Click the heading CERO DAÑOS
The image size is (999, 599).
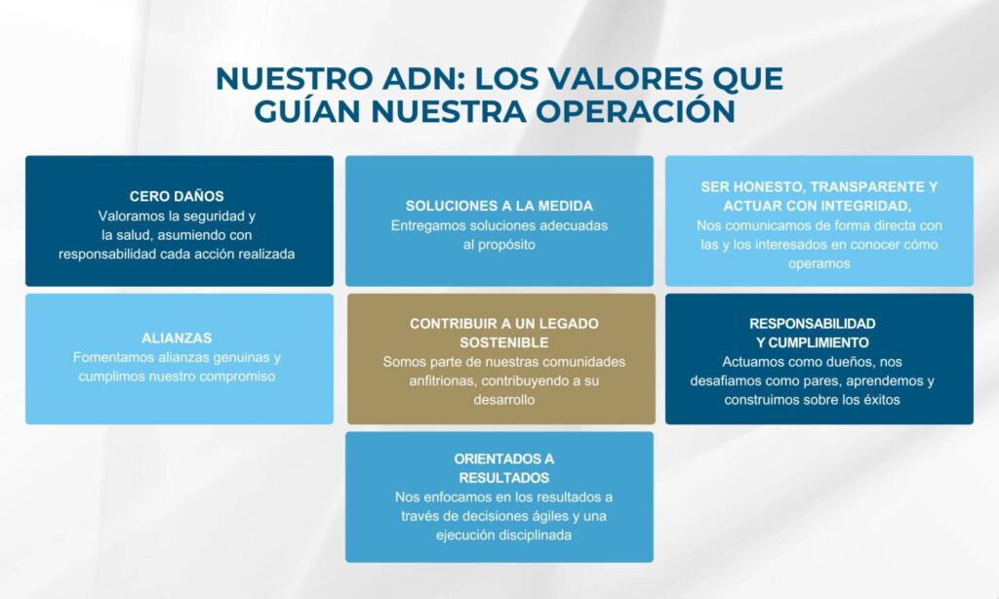177,196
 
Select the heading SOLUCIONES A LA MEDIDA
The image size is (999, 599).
499,206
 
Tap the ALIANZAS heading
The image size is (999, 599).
177,338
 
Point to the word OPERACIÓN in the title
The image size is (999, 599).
635,109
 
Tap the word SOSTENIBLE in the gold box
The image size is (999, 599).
504,342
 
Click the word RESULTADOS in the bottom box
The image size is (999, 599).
504,478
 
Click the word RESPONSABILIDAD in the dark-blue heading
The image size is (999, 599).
813,324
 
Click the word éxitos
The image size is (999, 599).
878,400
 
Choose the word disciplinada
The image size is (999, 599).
536,536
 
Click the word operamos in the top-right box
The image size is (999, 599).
819,263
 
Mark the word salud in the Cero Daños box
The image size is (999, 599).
135,235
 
